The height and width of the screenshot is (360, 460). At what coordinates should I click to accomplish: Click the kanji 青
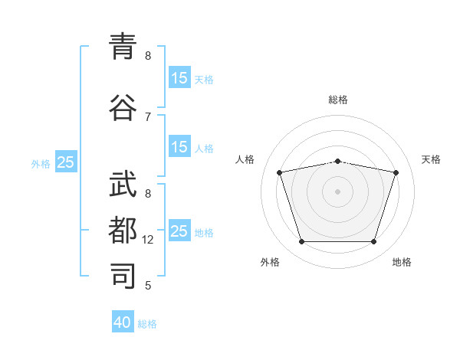click(x=123, y=46)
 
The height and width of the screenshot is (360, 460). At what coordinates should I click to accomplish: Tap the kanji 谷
click(x=123, y=107)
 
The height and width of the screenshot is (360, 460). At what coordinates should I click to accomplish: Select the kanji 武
click(x=123, y=184)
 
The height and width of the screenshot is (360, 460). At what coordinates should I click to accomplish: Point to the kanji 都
click(x=123, y=230)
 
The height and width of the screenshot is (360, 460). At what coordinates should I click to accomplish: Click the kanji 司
click(x=123, y=276)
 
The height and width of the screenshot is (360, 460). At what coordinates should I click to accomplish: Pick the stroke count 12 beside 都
click(x=147, y=240)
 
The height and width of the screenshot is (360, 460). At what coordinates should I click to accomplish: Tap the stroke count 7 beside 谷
click(x=148, y=117)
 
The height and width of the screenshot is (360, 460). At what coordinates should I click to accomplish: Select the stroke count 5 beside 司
click(x=148, y=286)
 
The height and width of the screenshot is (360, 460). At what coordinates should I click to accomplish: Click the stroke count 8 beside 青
click(x=148, y=56)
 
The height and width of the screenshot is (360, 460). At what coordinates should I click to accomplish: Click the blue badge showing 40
click(x=123, y=321)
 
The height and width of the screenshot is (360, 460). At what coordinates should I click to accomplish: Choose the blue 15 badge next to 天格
click(x=180, y=77)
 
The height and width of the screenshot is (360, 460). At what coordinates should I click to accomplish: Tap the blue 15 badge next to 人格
click(x=180, y=146)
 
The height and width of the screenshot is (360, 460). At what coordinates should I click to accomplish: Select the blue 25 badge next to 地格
click(x=180, y=230)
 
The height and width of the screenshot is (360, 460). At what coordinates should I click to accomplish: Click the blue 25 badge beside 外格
click(x=66, y=162)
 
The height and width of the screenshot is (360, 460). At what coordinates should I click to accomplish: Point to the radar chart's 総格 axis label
click(x=338, y=100)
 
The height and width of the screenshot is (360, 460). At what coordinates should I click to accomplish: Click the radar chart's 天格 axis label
click(x=431, y=159)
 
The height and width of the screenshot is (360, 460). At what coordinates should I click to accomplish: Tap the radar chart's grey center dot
click(x=337, y=191)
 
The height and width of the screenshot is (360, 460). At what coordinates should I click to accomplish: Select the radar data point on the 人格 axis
click(x=280, y=172)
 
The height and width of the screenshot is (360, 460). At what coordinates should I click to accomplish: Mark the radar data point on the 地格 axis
click(x=374, y=242)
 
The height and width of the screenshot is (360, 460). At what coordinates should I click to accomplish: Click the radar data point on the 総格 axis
click(x=338, y=162)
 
